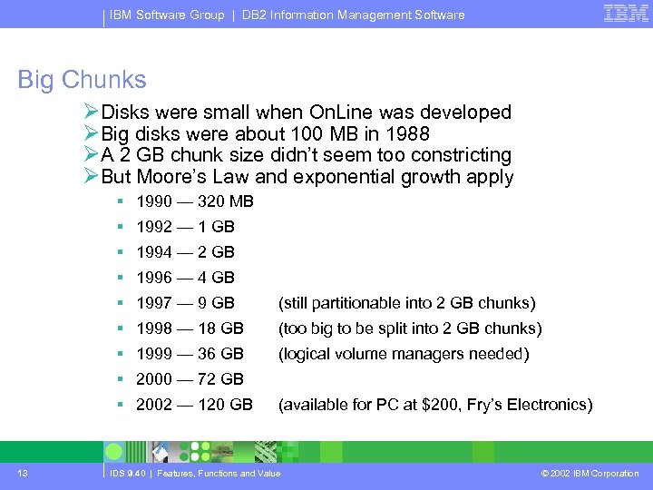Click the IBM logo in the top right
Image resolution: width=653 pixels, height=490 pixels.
click(x=626, y=13)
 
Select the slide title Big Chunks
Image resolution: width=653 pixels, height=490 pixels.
click(x=82, y=80)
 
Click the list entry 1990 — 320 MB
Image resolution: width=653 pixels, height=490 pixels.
click(x=195, y=201)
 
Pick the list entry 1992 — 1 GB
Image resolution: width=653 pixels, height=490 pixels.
click(x=185, y=227)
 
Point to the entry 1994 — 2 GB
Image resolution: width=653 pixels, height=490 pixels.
click(x=185, y=252)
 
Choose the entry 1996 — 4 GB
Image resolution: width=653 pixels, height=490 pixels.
click(x=185, y=278)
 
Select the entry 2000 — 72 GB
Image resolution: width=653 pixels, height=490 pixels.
click(x=190, y=379)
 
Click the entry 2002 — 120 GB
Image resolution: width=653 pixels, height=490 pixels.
click(x=194, y=405)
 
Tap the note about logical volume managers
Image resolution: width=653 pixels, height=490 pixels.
click(x=404, y=354)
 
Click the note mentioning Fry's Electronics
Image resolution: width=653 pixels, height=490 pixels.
click(x=435, y=405)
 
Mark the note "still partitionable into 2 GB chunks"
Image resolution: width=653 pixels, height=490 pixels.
click(x=406, y=303)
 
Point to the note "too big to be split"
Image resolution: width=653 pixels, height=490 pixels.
click(x=410, y=328)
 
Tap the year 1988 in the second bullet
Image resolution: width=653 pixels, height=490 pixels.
click(x=409, y=133)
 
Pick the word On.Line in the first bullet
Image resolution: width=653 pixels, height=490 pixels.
click(x=341, y=113)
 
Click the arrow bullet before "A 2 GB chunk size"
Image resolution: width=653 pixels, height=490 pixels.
click(x=91, y=155)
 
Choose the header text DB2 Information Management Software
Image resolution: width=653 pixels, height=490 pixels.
click(x=354, y=15)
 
